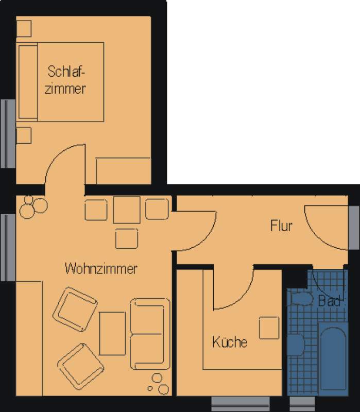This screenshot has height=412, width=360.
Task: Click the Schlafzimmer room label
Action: [x=65, y=80]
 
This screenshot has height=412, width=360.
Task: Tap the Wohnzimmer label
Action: [x=101, y=268]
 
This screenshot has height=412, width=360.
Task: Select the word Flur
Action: [x=281, y=226]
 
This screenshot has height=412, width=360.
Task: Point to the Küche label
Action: [x=230, y=342]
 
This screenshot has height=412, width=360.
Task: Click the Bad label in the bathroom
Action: [x=330, y=301]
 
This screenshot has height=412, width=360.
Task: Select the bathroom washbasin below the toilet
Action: [x=296, y=345]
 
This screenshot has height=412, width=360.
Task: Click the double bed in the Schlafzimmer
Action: [x=60, y=82]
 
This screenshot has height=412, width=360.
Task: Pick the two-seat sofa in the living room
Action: [x=150, y=334]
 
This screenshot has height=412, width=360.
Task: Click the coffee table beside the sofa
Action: [x=112, y=333]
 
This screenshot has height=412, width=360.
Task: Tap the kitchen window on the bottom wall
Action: [x=241, y=404]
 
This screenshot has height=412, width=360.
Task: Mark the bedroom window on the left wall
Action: [x=8, y=133]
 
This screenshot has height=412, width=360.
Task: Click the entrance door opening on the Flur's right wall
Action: [x=354, y=228]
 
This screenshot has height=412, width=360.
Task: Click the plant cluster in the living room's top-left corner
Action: [x=33, y=207]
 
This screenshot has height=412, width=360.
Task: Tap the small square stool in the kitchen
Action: [x=269, y=328]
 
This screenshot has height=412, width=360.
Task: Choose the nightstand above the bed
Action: [x=24, y=28]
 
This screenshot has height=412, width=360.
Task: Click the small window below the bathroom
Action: [x=302, y=404]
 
